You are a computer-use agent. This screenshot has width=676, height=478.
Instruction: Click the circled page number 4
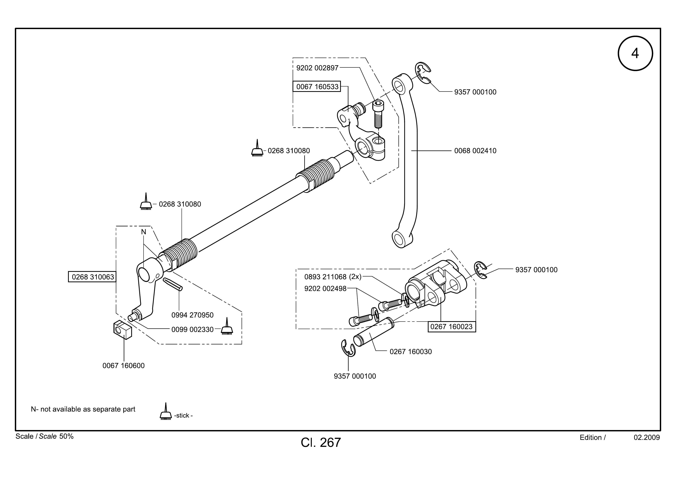click(635, 53)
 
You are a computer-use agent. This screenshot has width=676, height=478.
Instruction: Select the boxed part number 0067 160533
click(317, 87)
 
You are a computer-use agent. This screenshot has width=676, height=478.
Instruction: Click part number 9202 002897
click(317, 68)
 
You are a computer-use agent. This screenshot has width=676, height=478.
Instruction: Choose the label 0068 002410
click(475, 151)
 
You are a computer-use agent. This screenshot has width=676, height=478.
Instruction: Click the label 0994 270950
click(193, 315)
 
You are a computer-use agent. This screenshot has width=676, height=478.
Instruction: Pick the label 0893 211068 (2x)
click(333, 277)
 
